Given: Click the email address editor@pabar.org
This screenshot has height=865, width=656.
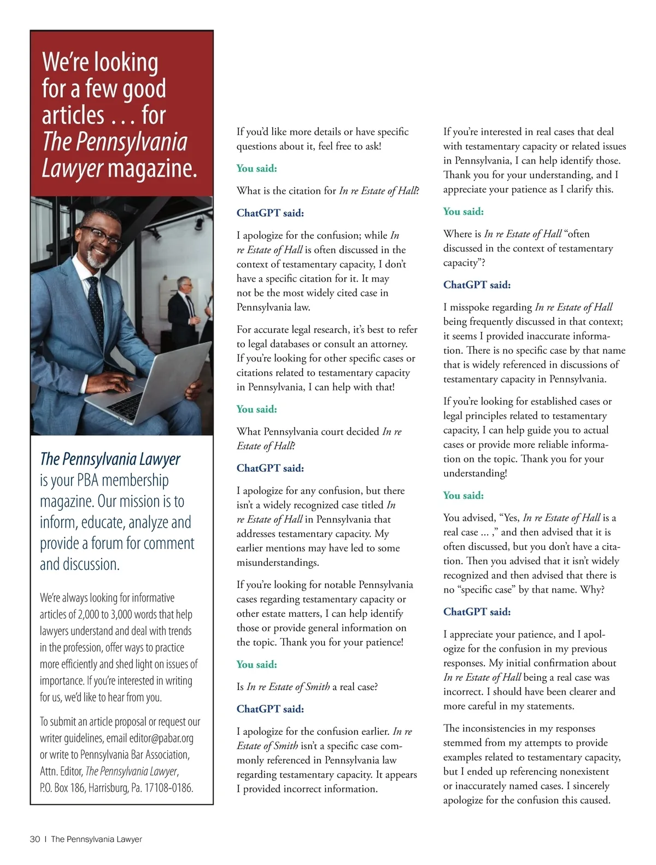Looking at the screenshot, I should tap(161, 738).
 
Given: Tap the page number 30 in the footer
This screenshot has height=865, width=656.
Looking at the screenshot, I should tap(34, 839).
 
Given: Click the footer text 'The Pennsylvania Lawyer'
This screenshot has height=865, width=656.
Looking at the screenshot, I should tap(96, 839).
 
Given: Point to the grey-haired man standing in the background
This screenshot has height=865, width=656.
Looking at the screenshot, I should tap(184, 306).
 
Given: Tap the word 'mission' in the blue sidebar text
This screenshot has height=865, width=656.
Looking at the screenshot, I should tap(139, 501).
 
